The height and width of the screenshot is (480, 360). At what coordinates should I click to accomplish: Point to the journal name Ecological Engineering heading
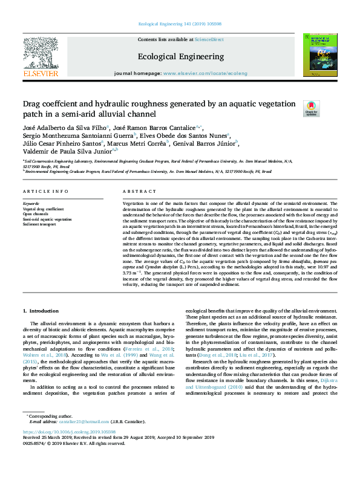pos(180,56)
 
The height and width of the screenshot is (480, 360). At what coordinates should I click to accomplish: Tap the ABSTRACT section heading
pos(135,191)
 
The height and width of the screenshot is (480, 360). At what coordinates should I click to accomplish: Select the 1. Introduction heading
pos(41,311)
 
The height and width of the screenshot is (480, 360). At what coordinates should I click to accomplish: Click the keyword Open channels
pos(36,213)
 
